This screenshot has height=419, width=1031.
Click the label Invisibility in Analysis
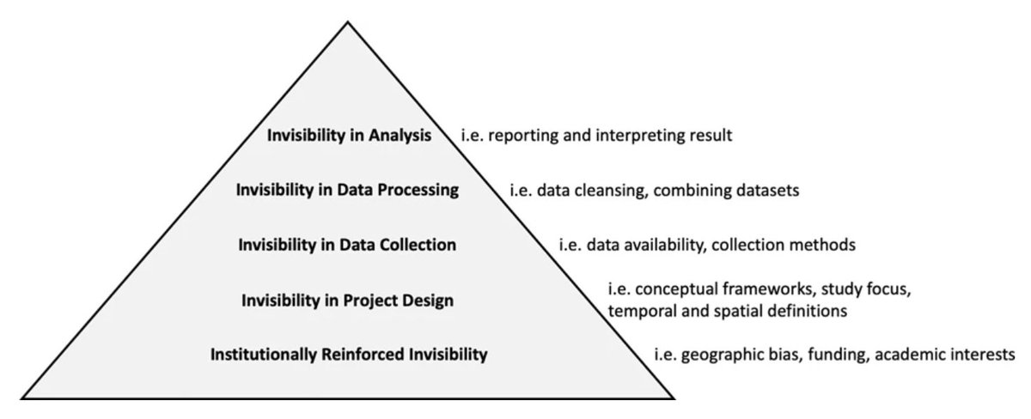point(348,136)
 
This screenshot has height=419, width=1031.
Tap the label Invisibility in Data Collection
point(347,245)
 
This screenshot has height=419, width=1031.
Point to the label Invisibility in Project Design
point(347,300)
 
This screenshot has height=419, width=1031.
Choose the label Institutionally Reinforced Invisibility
point(348,353)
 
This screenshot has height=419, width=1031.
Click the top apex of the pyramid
point(347,21)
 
